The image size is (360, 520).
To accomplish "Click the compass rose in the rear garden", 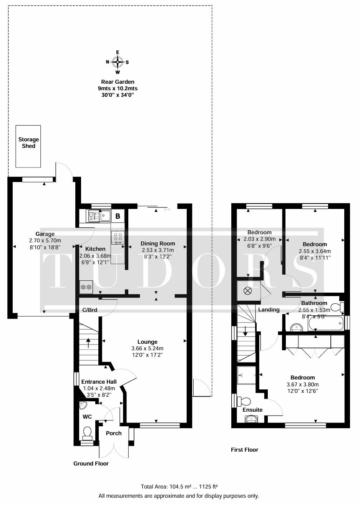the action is (118, 62).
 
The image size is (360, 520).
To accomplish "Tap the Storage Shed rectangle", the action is (28, 146).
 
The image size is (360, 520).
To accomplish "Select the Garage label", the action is (45, 234).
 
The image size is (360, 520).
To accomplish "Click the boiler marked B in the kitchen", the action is (118, 216).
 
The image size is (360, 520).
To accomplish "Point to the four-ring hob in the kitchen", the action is (118, 237).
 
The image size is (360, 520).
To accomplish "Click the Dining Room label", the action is (158, 243).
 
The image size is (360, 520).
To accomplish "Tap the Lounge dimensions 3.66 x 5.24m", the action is (147, 348).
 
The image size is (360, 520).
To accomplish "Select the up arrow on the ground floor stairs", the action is (88, 343).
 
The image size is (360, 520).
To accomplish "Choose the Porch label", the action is (114, 433).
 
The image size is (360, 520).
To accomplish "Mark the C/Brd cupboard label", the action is (90, 310).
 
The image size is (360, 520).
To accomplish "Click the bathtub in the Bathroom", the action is (326, 324).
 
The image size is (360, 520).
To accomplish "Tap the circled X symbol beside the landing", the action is (248, 291).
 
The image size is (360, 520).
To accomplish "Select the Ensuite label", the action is (252, 410).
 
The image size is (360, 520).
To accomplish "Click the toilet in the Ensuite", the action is (243, 401).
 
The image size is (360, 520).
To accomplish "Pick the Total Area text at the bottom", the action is (179, 487).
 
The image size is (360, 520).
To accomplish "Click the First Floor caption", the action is (245, 450).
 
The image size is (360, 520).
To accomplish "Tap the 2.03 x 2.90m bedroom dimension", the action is (259, 239).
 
